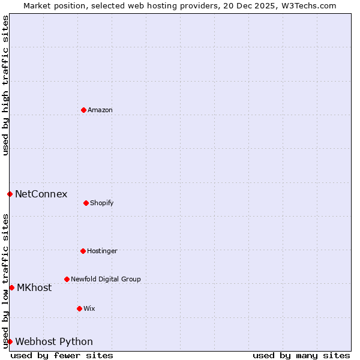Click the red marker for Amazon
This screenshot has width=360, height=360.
point(83,110)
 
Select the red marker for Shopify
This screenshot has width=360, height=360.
point(86,203)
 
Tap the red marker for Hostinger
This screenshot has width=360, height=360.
point(83,251)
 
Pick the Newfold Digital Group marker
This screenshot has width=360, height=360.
point(67,279)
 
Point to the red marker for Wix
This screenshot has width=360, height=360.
point(79,308)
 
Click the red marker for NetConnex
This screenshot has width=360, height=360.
point(10,194)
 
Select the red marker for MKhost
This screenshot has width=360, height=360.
point(11,287)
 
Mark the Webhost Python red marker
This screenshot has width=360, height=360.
point(10,341)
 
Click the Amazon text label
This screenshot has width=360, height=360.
point(100,110)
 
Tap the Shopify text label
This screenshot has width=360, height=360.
point(102,203)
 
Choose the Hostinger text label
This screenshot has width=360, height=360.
point(102,251)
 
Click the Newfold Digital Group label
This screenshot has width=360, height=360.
point(106,279)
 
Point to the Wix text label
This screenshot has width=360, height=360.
point(89,308)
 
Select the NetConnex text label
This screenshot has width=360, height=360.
point(41,194)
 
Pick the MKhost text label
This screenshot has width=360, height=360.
point(34,287)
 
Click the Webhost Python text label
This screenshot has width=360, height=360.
point(54,341)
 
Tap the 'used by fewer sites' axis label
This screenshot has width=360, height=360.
point(62,355)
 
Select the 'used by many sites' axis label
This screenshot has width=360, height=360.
point(301,355)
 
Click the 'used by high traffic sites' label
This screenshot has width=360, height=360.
point(5,85)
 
